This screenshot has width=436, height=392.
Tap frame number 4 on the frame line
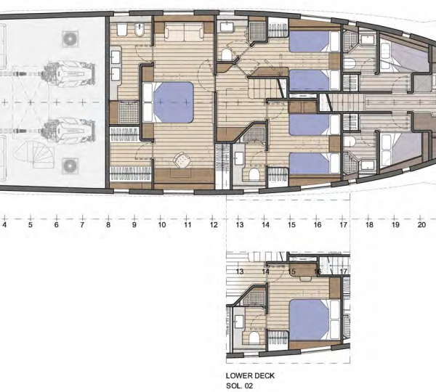coord(5,226)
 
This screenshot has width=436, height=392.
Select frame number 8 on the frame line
coord(108,226)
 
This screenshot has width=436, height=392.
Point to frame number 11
coord(187,226)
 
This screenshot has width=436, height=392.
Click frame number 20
coord(421,226)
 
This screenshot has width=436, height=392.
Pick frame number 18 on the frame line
coord(369,226)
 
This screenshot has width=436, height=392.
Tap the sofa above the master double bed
coord(178,33)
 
